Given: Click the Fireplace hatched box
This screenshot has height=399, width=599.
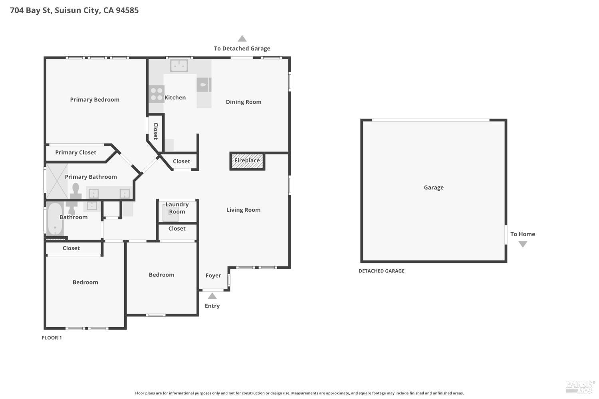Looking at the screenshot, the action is click(247, 161).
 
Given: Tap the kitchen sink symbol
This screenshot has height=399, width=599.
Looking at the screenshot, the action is click(179, 65).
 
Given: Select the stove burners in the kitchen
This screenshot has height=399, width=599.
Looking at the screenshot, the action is click(157, 94).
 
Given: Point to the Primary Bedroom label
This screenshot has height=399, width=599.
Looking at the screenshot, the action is click(95, 100).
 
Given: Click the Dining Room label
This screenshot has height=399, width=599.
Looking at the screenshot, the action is click(244, 102).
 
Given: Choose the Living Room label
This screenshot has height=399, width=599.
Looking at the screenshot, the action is click(243, 210).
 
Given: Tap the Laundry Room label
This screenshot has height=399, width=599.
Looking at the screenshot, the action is click(177, 208).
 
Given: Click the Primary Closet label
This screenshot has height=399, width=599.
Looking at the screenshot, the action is click(76, 152).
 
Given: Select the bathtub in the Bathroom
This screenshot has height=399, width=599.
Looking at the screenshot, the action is click(55, 219).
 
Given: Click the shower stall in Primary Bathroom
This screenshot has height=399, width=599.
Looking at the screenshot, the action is click(57, 182).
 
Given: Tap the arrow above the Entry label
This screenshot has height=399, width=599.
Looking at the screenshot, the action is click(212, 296).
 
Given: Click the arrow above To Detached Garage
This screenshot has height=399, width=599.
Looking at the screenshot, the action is click(242, 38).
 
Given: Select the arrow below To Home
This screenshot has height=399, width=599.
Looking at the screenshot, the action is click(523, 244).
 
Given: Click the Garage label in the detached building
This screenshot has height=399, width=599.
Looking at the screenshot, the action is click(434, 188).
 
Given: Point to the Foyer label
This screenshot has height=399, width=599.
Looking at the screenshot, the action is click(213, 276).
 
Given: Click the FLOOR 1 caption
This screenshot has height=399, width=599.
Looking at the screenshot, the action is click(52, 338).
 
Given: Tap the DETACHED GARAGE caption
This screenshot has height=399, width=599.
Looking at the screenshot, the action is click(381, 271).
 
